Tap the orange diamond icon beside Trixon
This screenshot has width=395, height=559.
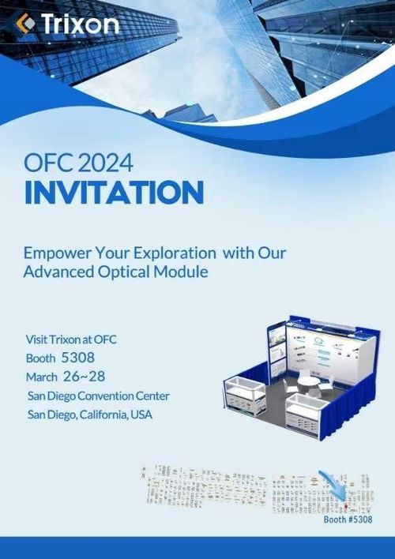point(26,24)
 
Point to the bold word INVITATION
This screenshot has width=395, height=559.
point(114,193)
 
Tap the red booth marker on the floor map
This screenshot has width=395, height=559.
point(344,503)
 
